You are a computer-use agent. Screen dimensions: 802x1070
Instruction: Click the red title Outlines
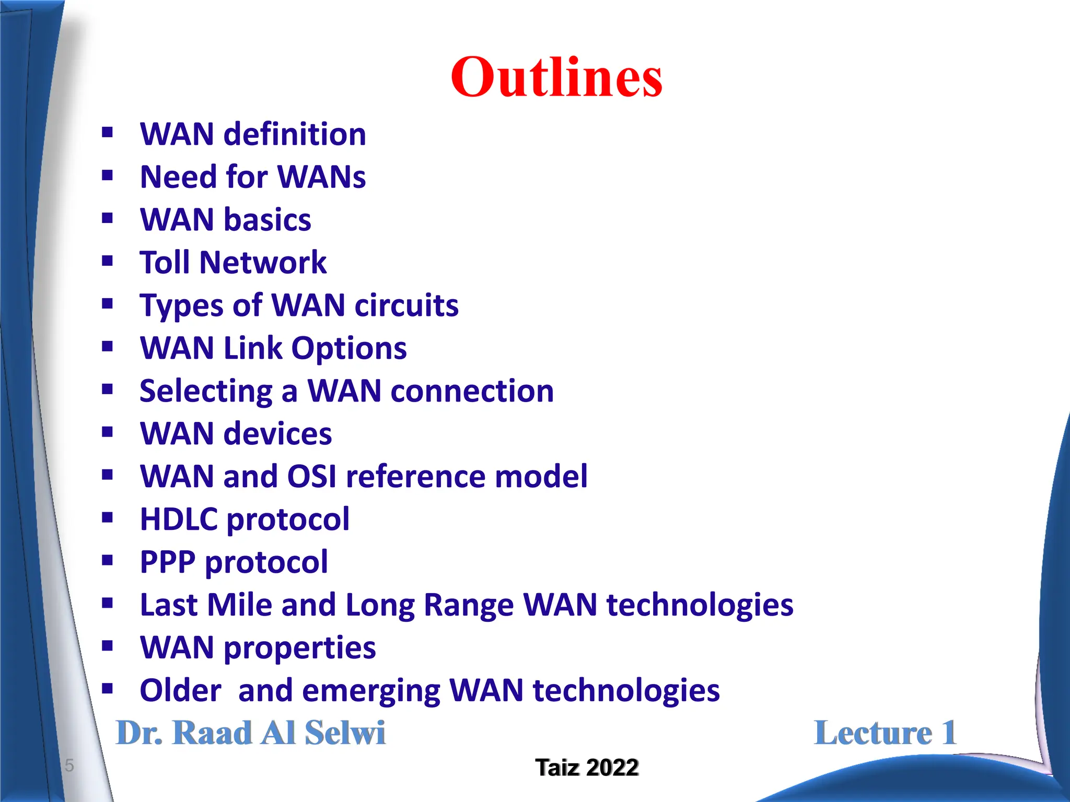point(556,77)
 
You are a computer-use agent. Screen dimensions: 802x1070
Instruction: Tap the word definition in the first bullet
point(295,134)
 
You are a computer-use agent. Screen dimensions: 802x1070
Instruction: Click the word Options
point(348,348)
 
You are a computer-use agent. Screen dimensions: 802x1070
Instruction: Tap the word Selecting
point(206,391)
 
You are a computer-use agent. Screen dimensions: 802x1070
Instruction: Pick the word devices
point(277,434)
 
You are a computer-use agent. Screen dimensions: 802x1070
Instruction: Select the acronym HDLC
point(179,519)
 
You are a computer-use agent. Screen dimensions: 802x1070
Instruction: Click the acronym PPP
point(167,562)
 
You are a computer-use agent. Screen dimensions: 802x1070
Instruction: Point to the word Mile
point(239,605)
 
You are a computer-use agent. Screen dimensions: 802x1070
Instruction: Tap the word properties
point(299,648)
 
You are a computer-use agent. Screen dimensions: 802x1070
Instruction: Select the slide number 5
point(69,765)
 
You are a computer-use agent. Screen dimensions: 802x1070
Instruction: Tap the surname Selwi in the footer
point(345,733)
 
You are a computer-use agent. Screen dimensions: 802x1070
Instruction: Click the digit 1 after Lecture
point(949,733)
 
